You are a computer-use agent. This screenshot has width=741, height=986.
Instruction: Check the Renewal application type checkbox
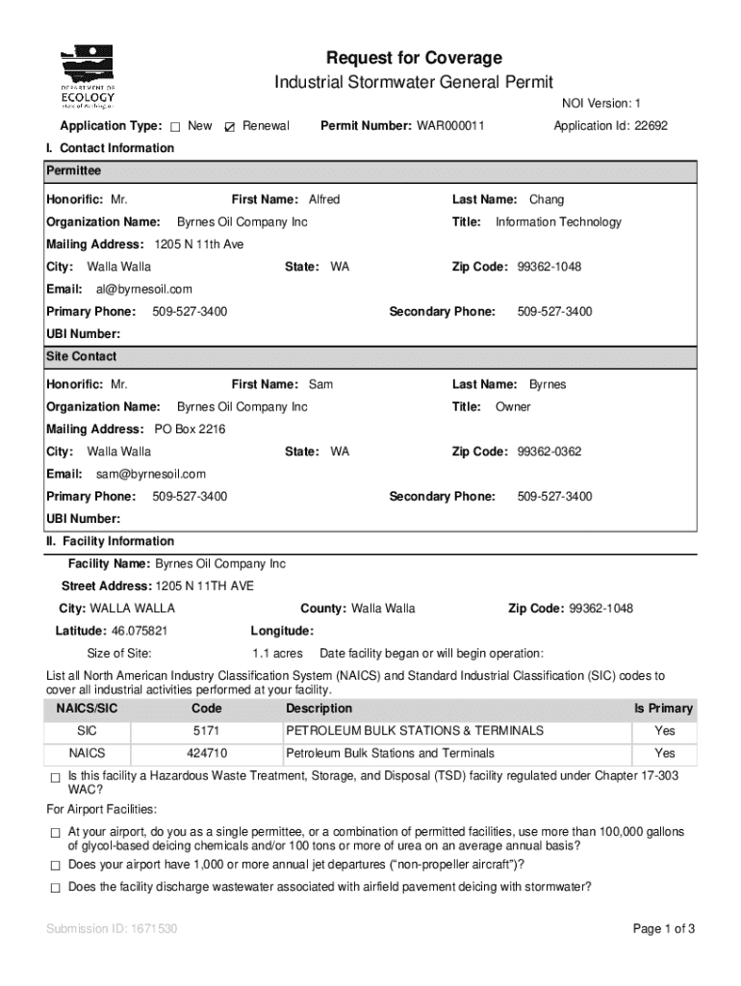[x=229, y=127]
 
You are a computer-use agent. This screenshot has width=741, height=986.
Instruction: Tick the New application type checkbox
[x=175, y=127]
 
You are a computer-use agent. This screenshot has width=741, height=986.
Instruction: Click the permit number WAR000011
[x=450, y=126]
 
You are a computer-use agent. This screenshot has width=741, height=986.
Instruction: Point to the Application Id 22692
[x=610, y=126]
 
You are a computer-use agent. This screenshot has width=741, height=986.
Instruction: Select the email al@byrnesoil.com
[x=143, y=289]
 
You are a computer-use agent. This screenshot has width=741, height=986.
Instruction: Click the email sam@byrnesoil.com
[x=150, y=474]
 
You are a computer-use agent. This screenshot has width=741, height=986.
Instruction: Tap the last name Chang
[x=547, y=199]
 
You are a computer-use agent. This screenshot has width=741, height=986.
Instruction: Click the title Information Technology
[x=558, y=221]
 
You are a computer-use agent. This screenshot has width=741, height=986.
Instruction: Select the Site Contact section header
[x=82, y=356]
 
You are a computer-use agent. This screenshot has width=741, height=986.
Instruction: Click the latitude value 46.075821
[x=139, y=631]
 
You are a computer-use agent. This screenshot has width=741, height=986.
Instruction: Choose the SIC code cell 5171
[x=207, y=731]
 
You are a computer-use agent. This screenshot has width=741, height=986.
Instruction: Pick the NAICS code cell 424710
[x=207, y=753]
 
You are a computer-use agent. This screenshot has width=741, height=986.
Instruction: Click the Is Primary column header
[x=662, y=709]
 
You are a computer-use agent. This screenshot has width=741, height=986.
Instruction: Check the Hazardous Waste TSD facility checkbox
[x=55, y=777]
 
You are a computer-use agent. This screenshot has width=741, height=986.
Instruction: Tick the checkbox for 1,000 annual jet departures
[x=55, y=865]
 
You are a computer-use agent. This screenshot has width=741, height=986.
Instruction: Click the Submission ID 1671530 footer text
[x=112, y=929]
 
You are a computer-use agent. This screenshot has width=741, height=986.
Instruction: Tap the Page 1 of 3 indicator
[x=663, y=929]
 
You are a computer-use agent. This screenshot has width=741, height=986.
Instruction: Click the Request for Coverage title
[x=414, y=58]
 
